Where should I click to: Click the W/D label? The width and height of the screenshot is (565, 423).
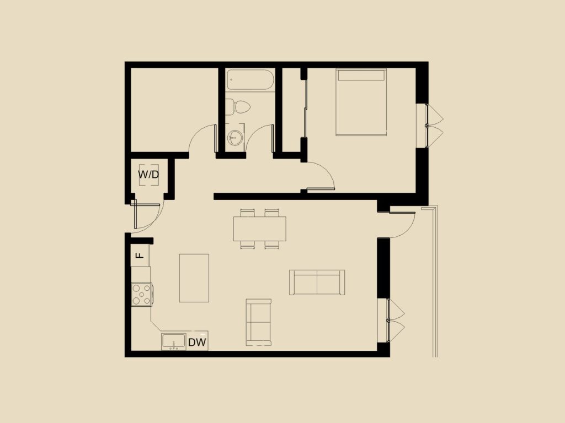148,175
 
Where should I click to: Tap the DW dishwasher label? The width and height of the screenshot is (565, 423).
197,342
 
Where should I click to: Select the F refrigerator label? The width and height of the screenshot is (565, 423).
140,255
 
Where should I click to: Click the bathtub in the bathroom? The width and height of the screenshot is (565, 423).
250,80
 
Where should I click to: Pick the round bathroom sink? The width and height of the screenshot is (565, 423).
235,137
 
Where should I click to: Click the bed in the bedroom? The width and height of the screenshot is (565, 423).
361,102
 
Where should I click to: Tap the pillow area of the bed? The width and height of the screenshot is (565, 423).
361,75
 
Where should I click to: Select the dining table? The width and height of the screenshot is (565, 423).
259,229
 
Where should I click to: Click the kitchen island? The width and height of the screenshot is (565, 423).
194,278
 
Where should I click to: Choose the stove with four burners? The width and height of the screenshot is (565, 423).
142,294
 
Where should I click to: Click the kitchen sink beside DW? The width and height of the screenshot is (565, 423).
173,341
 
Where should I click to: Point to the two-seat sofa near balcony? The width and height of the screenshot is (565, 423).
317,283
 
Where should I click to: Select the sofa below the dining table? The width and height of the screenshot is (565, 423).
258,322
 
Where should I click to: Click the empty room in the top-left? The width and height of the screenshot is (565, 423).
174,110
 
